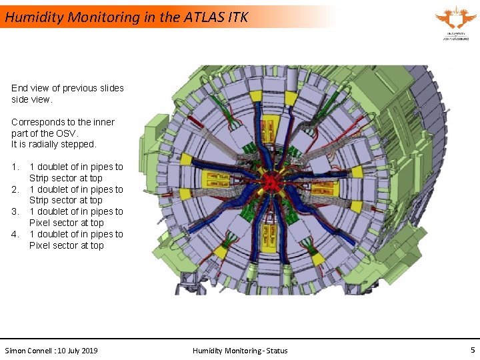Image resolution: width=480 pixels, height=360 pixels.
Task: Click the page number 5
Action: [x=473, y=350]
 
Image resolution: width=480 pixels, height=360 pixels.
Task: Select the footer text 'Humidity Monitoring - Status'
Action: [x=240, y=351]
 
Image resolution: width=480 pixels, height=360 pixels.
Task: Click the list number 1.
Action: [x=15, y=167]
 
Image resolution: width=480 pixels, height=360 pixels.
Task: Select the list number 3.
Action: [x=15, y=211]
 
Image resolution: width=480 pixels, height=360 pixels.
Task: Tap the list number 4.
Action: [x=15, y=234]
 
